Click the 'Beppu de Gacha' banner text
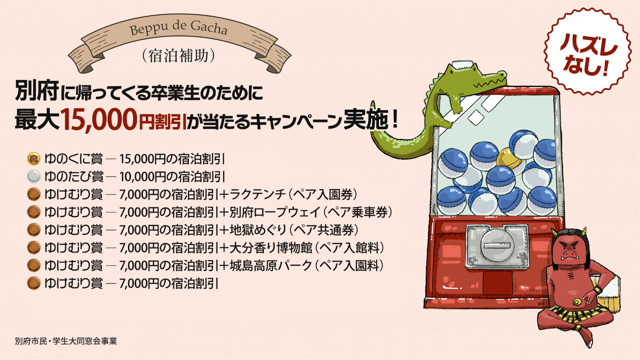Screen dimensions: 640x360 click(x=178, y=28)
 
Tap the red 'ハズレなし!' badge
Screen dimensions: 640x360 click(x=587, y=52)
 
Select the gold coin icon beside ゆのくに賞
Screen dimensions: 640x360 click(x=33, y=159)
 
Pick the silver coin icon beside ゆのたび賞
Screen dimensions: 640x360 click(x=33, y=176)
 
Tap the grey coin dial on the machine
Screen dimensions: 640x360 click(x=497, y=246)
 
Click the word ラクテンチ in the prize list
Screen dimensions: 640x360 click(x=257, y=194)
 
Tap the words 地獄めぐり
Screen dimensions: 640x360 click(x=257, y=230)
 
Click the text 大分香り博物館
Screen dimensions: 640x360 click(x=271, y=247)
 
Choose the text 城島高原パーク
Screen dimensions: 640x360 click(x=270, y=265)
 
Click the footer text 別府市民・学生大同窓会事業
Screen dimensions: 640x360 click(x=66, y=341)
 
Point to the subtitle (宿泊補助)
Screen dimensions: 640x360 click(x=178, y=55)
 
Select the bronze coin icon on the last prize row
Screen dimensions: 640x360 click(x=33, y=283)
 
